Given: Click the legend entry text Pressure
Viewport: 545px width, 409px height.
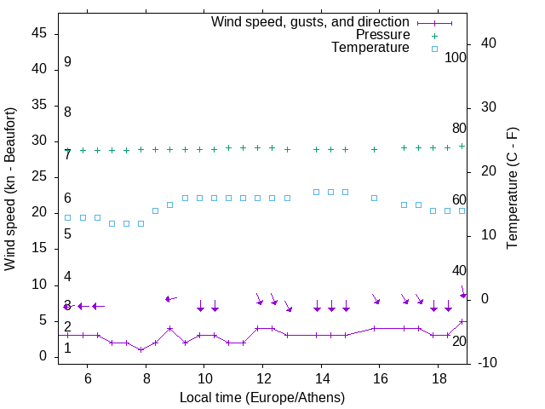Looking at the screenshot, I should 383,35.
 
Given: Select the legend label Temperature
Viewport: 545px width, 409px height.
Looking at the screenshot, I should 370,49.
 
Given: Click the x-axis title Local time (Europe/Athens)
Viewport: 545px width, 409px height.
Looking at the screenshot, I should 262,397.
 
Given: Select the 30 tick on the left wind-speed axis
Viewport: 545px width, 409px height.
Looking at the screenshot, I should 38,141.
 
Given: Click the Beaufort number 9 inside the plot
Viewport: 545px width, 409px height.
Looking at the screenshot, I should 67,62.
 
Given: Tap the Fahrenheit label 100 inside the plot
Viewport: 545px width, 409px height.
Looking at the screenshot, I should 456,57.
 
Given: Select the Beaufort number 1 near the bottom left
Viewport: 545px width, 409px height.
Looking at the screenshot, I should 67,348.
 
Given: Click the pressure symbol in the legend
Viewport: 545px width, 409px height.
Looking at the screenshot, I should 434,35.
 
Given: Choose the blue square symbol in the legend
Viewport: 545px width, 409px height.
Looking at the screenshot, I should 434,49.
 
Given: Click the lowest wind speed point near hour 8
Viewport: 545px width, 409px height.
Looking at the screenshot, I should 141,349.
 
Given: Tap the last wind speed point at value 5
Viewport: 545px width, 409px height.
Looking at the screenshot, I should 462,321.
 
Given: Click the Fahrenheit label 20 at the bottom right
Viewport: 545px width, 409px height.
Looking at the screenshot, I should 459,341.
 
